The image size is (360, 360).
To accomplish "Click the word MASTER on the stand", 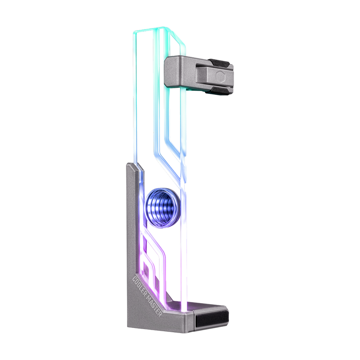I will [x=156, y=306].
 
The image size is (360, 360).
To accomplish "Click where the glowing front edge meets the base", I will [x=184, y=306].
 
